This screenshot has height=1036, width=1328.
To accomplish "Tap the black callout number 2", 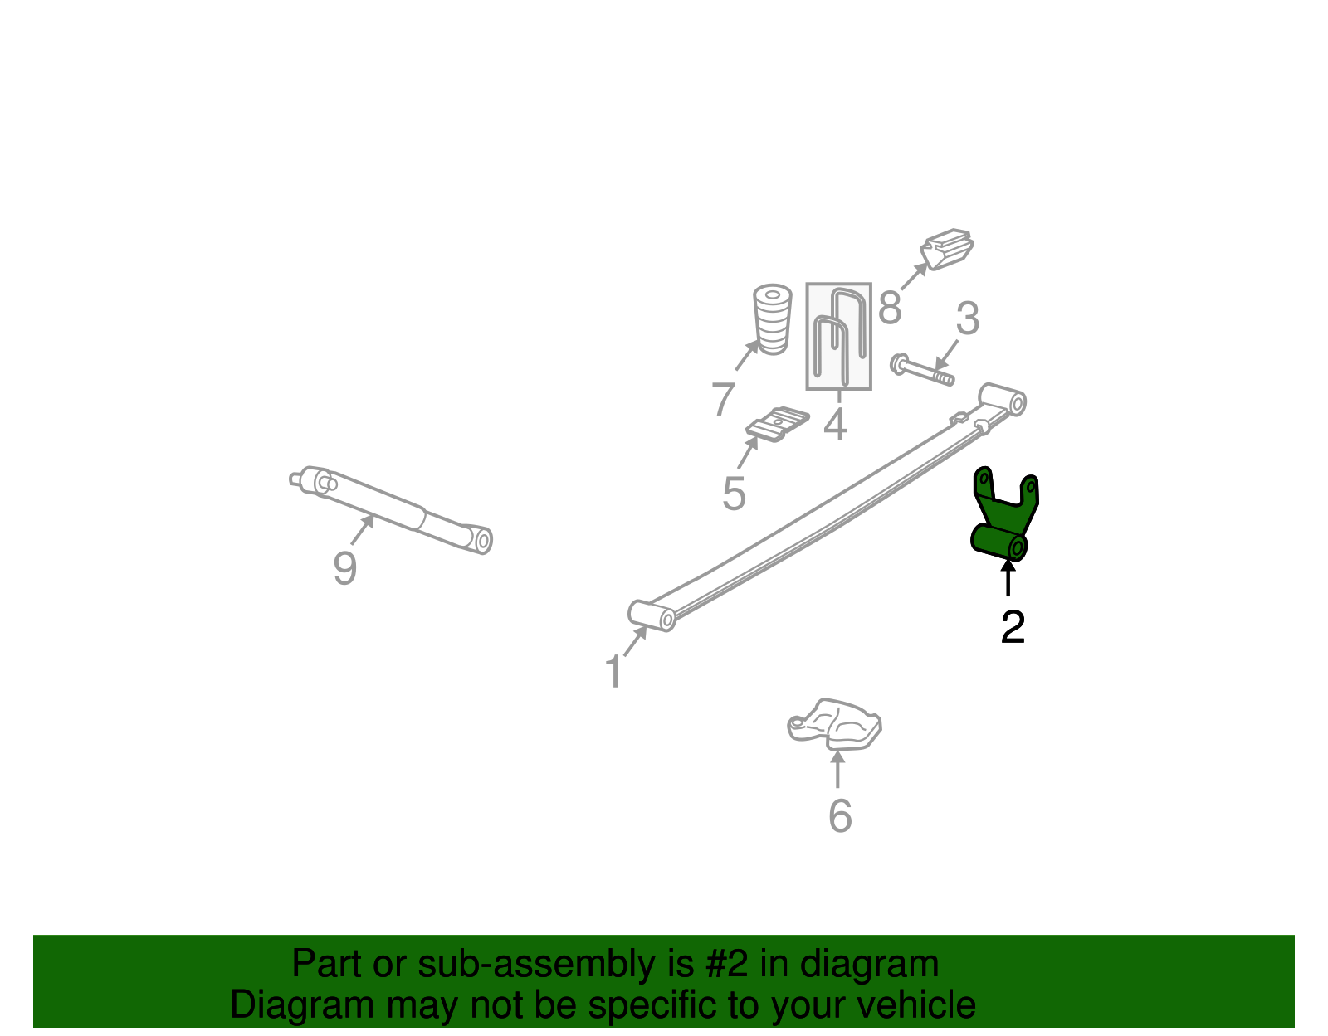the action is pos(1013,627).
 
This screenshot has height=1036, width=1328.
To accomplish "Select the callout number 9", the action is pos(344,567).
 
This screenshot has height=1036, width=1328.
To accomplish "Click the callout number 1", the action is pos(614,672).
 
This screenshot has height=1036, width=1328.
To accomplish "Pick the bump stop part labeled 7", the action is pos(773,319).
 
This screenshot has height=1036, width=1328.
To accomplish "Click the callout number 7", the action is pos(723,399).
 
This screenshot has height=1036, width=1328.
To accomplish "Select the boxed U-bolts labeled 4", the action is pos(838,336).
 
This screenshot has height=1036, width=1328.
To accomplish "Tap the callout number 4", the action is pos(836,423).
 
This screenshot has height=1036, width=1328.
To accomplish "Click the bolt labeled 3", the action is pos(922,370).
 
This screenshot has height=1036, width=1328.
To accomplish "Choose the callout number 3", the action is pos(968,318).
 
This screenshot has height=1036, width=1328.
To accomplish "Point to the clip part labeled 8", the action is pos(947,249).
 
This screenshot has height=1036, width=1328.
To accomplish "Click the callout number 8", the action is pos(890,307).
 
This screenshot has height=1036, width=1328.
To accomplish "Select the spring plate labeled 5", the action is pos(778,424).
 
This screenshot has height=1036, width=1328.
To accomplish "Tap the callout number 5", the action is pos(734,494).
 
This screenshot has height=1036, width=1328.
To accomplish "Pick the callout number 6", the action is pos(840,815).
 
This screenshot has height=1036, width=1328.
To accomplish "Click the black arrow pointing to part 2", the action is pos(1008,578).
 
